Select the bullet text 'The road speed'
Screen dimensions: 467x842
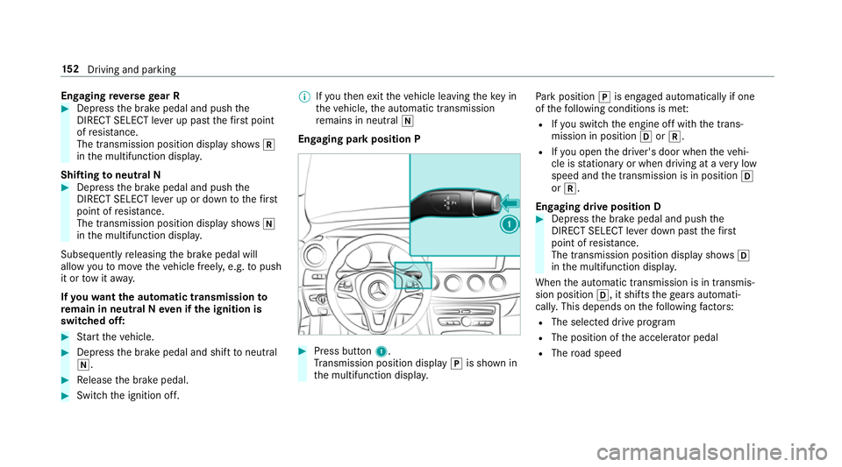(x=595, y=353)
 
